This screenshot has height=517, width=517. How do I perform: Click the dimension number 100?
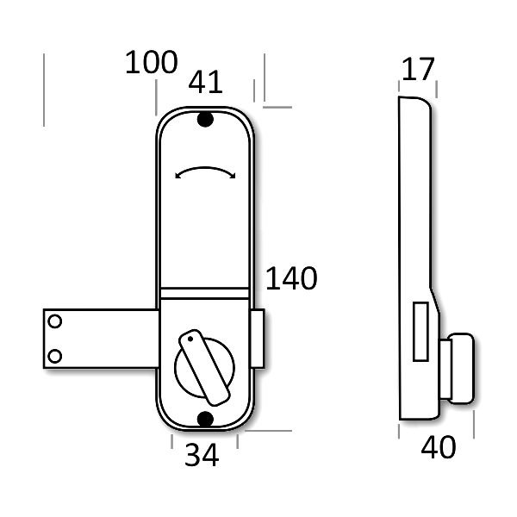coord(152,63)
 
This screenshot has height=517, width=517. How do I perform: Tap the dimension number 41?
coord(205,82)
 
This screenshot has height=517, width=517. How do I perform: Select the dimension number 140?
coord(291,279)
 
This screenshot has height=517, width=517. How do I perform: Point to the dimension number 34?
coord(202,456)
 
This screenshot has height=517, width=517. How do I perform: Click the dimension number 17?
coord(419,70)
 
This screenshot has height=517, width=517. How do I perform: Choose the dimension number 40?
coord(439,448)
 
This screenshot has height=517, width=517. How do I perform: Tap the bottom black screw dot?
coord(205,419)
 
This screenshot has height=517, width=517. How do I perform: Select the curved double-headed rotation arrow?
coord(205,172)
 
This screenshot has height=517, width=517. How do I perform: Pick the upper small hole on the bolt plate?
coord(55,321)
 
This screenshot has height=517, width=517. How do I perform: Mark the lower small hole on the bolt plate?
coord(55,354)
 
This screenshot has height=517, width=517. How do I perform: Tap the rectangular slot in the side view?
coord(420,332)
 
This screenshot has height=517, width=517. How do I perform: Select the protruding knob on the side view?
coord(457,367)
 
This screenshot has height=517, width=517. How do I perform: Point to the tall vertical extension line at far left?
coord(43,90)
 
